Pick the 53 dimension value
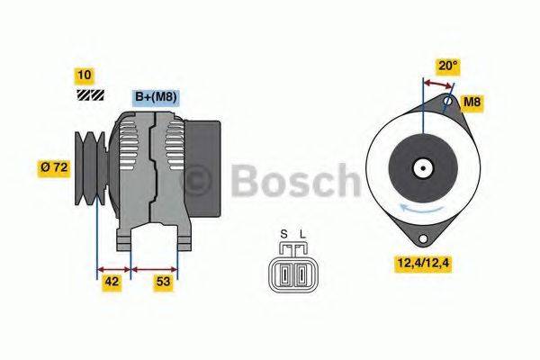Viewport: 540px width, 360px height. [164, 282]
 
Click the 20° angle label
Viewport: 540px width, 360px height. [447, 66]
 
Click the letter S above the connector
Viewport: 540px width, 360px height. [283, 235]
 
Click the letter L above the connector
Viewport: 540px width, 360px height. [302, 235]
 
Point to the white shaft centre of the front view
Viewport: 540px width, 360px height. [420, 167]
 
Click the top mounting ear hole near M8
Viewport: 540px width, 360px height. [447, 101]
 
